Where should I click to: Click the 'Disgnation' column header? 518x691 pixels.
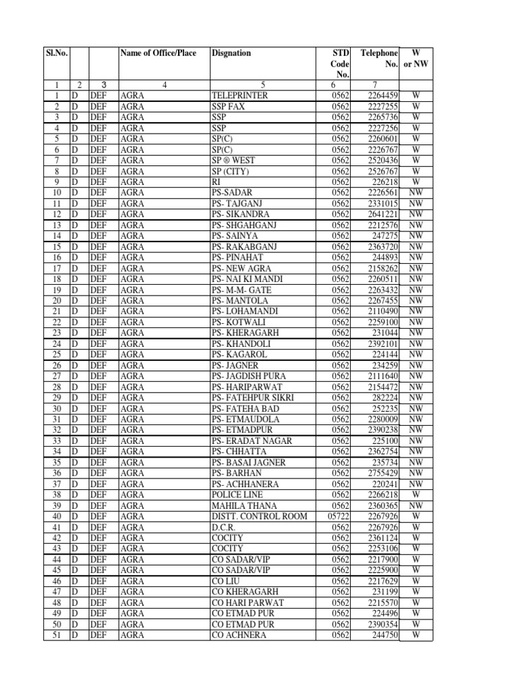coord(231,53)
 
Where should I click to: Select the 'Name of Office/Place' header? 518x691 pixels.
coord(158,53)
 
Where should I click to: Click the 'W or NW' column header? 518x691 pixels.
coord(416,58)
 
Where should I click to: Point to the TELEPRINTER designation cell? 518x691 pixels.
coord(239,96)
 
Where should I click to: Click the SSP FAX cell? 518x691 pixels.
coord(229,107)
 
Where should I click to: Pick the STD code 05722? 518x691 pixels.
coord(338,516)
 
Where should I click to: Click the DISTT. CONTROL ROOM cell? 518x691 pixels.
coord(260,516)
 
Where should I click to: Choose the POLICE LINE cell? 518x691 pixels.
coord(238,495)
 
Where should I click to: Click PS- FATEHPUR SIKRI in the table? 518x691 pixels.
coord(252,397)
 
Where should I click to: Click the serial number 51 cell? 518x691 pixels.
coord(57,635)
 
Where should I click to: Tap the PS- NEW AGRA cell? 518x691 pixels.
coord(240,268)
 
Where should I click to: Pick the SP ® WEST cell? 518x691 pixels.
coord(233,160)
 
